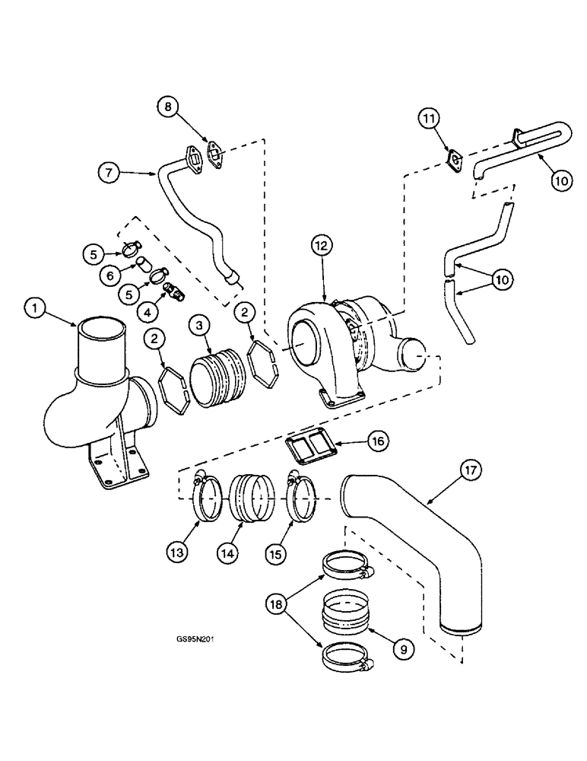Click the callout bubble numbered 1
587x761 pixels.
[35, 310]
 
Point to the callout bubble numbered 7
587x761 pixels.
[109, 173]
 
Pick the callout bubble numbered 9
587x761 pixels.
[402, 648]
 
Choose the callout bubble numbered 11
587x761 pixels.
[428, 118]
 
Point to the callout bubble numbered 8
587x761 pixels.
[169, 106]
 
